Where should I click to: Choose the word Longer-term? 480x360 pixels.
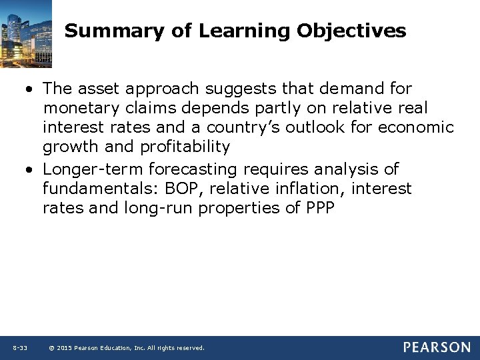pyautogui.click(x=93, y=170)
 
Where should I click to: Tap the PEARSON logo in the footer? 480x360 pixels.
pyautogui.click(x=436, y=347)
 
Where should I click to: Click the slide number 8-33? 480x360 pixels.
pyautogui.click(x=19, y=348)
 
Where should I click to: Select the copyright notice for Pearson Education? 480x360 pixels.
pyautogui.click(x=127, y=348)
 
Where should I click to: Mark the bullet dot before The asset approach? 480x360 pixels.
pyautogui.click(x=31, y=89)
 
